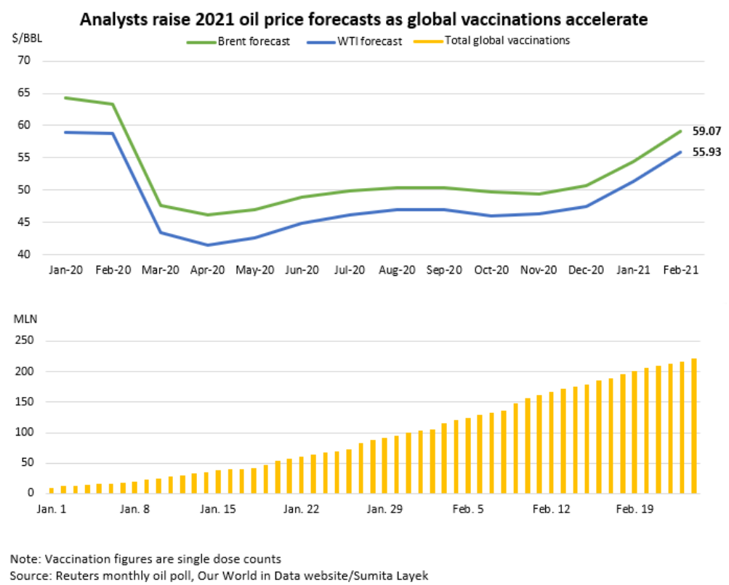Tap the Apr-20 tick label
click(207, 269)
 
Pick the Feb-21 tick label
click(681, 269)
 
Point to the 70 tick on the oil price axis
click(24, 60)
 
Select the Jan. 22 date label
click(301, 510)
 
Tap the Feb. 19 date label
click(635, 510)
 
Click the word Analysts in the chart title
click(110, 19)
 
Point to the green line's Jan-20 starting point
click(65, 98)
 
